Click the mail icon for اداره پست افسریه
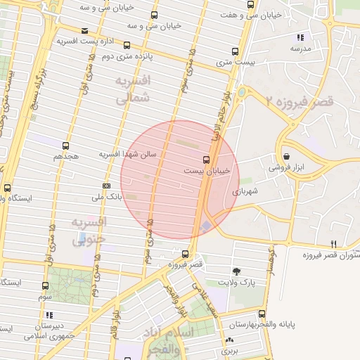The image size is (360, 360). (x=84, y=31)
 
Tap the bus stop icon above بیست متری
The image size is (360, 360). (x=235, y=51)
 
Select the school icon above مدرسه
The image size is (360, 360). (x=300, y=37)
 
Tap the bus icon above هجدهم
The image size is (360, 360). (x=66, y=146)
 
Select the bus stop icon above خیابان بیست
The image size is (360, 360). (x=206, y=159)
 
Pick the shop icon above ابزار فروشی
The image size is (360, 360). (x=286, y=156)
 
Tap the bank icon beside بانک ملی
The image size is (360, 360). (x=106, y=186)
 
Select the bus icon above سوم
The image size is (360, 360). (x=46, y=286)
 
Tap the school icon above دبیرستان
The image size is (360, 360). (x=49, y=316)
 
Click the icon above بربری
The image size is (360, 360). (x=229, y=338)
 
